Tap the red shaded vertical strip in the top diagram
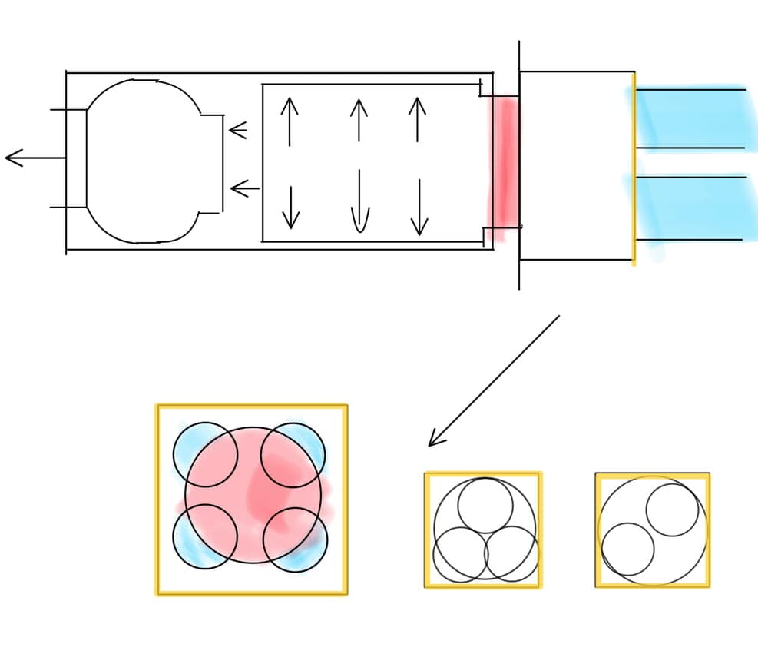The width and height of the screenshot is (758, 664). pos(504,161)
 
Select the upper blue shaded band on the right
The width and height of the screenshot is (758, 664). pos(691,118)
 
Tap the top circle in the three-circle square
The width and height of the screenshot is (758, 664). pos(485,505)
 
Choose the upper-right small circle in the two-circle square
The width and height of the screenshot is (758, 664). pos(673,510)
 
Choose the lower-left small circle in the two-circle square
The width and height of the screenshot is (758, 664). pos(628,549)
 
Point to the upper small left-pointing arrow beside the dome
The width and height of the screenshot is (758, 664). pos(238,131)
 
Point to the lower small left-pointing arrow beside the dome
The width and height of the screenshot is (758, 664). pos(245,188)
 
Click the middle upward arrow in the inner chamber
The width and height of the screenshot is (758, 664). pos(359,120)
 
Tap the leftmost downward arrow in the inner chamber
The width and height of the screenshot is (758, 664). pos(290,207)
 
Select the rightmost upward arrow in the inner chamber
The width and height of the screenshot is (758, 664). pos(417,119)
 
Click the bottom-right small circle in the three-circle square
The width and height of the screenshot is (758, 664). pos(511,553)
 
